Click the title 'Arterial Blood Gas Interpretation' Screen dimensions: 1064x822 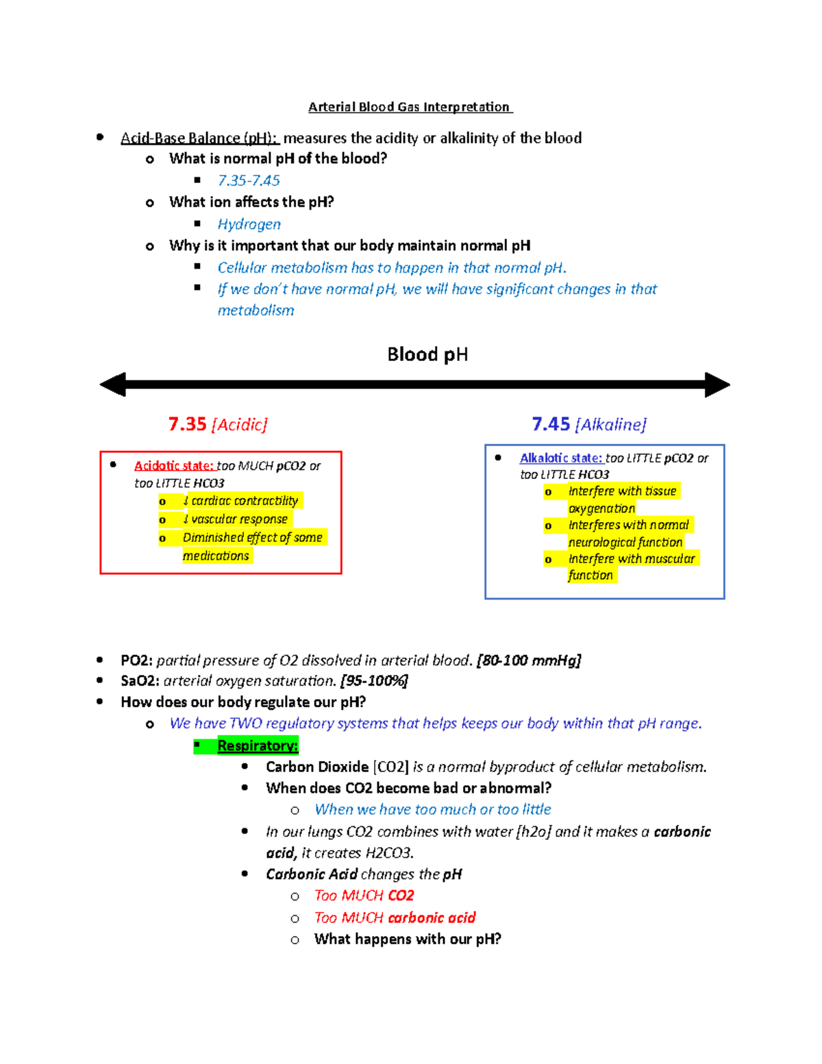(409, 107)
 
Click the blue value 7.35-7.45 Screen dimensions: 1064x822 (249, 180)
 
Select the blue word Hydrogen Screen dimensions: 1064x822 (249, 224)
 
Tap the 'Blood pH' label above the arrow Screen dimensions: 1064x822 (427, 354)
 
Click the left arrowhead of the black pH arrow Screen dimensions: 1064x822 (113, 384)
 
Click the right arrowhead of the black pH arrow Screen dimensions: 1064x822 (717, 384)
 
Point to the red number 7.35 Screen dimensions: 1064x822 (187, 424)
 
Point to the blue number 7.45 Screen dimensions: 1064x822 (551, 424)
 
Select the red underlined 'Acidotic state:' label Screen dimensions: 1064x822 (175, 466)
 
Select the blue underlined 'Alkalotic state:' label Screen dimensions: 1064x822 (561, 458)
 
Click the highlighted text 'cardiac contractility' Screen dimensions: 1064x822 (244, 501)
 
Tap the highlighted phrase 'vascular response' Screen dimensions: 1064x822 (238, 519)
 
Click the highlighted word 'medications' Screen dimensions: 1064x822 (216, 556)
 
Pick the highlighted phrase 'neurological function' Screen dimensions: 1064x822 (625, 542)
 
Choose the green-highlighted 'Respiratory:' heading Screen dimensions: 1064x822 (258, 745)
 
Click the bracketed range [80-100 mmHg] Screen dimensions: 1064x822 (528, 660)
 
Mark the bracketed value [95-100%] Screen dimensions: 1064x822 (374, 681)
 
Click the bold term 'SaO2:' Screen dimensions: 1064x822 (140, 681)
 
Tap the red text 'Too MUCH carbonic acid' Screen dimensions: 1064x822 (395, 917)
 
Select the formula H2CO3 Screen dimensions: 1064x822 (388, 853)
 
